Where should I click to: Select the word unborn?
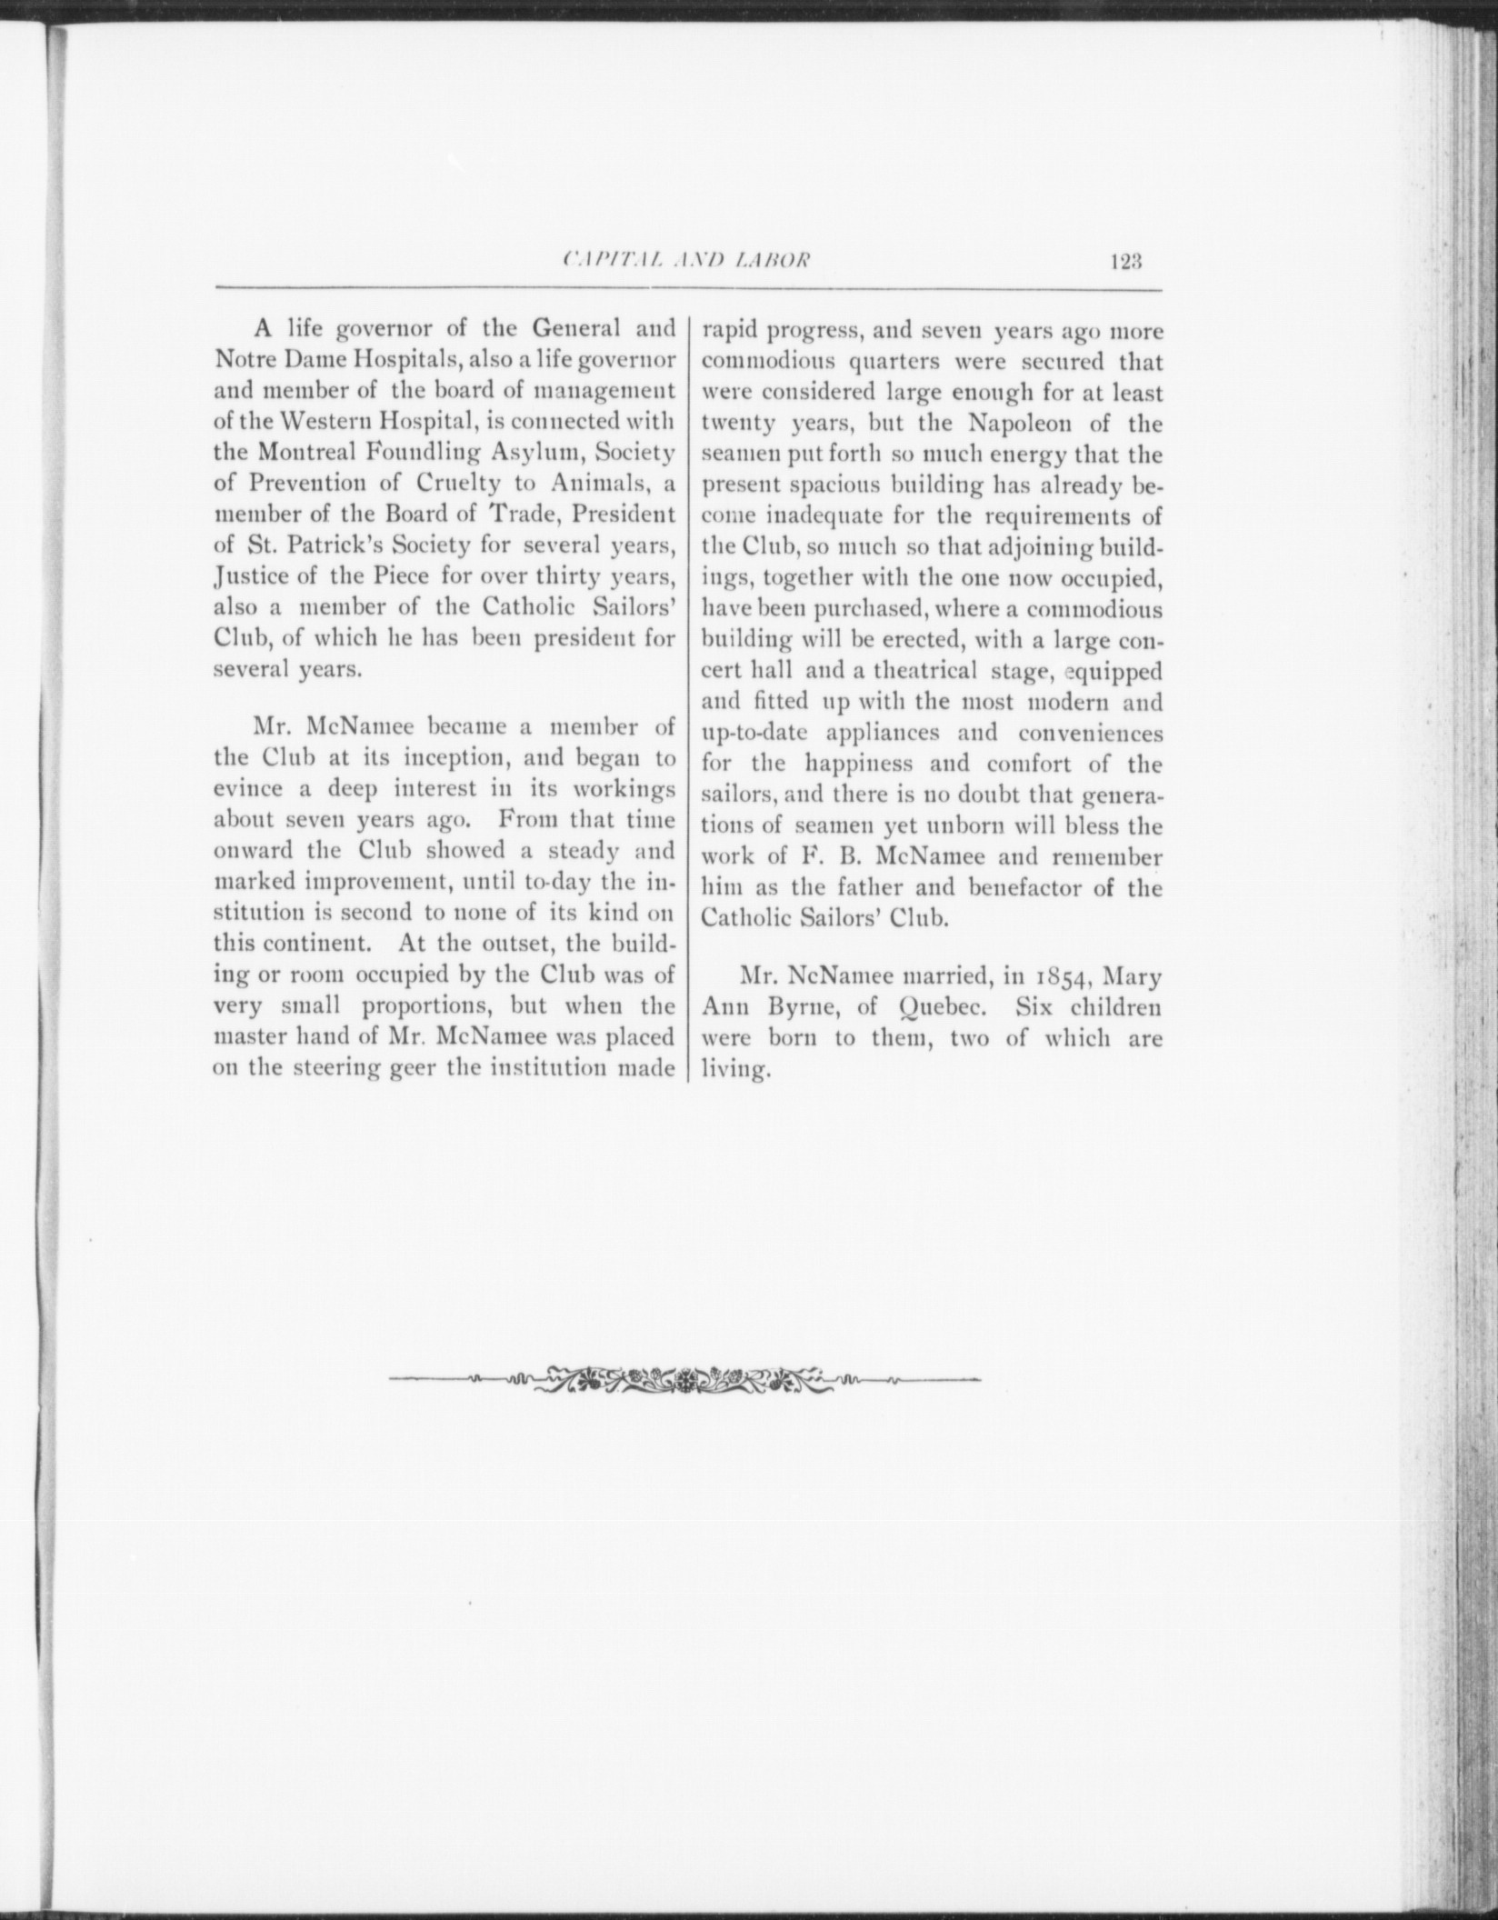(x=988, y=826)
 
